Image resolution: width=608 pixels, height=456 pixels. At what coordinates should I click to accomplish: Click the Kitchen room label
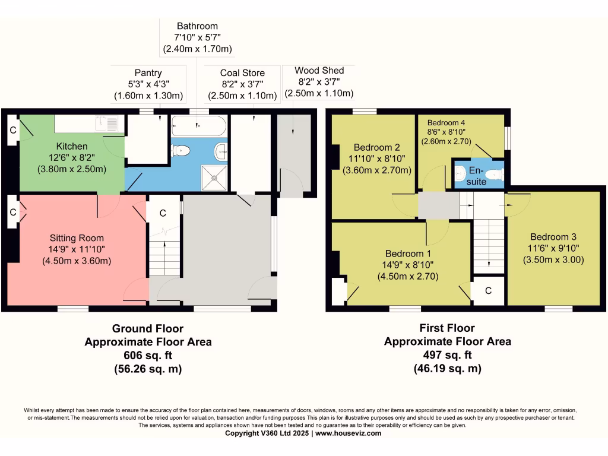(72, 146)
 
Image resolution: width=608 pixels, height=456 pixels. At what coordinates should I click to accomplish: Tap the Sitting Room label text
(77, 238)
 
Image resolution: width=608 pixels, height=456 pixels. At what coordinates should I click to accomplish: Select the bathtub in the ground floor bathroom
(199, 126)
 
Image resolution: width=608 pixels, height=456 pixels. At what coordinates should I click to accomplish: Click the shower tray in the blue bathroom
(214, 178)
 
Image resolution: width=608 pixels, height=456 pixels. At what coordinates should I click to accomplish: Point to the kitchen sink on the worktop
(106, 123)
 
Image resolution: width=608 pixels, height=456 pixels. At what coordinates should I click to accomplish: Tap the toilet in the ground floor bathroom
(180, 150)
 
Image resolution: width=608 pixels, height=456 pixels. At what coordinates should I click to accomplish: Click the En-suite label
(476, 176)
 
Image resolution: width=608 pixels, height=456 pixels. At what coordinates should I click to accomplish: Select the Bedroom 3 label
(553, 236)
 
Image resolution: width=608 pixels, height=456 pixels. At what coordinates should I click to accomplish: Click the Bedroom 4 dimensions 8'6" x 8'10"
(446, 132)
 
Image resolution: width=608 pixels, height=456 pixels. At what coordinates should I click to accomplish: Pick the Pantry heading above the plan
(148, 73)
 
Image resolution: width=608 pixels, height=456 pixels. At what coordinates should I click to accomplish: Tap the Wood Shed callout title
(319, 70)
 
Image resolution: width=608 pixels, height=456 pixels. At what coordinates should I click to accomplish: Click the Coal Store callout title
(242, 73)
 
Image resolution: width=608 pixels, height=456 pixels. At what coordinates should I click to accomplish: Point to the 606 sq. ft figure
(148, 355)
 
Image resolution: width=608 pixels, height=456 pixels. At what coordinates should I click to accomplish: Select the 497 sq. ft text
(448, 354)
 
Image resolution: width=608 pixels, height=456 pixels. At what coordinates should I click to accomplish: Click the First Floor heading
(447, 328)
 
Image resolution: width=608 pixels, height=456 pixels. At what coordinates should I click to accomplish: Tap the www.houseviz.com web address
(348, 433)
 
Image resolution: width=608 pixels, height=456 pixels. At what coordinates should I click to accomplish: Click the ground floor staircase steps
(165, 258)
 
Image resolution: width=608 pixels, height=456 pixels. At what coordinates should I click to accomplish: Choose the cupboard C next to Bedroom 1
(488, 290)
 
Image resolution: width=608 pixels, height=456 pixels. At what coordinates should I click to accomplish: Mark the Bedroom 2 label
(376, 147)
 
